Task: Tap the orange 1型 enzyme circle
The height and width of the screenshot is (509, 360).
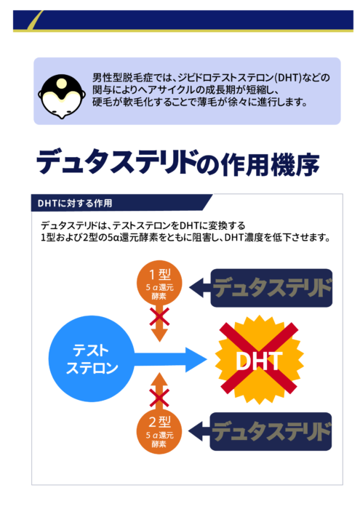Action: click(159, 283)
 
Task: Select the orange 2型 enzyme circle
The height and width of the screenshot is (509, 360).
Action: click(159, 431)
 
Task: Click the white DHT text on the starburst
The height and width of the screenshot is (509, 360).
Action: click(259, 361)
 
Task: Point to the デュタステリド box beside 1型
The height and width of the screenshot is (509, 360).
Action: click(271, 288)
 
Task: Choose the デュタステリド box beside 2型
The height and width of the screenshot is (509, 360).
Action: click(271, 431)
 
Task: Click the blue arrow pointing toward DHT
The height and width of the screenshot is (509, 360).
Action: click(171, 359)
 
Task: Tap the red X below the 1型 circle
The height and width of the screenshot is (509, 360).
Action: click(159, 317)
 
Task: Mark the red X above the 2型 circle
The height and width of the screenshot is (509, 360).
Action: click(159, 398)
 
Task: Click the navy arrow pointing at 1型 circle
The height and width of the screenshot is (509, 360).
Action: click(200, 288)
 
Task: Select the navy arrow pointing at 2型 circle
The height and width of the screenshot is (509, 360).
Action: click(199, 431)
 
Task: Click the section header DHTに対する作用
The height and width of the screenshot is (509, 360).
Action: click(75, 203)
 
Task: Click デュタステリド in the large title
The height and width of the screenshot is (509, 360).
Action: click(116, 161)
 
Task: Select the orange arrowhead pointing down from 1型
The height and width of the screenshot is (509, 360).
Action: click(159, 335)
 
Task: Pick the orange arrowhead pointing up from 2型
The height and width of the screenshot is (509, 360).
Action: click(159, 379)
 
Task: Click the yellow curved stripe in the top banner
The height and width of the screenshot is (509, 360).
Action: click(33, 21)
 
